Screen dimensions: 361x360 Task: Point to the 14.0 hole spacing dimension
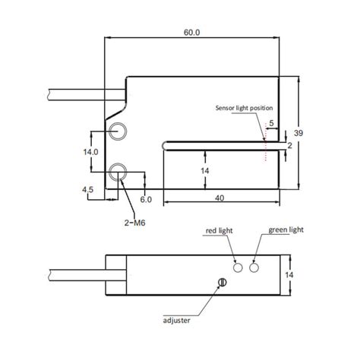91,152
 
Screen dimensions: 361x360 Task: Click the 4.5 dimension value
87,189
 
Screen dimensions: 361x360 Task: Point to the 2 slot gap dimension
290,144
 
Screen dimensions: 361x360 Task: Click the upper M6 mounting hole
118,131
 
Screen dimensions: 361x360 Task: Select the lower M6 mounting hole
118,173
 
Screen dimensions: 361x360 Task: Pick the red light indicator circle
239,268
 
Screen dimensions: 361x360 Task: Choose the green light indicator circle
254,268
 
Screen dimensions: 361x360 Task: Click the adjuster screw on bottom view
222,283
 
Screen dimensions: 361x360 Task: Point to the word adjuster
175,320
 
